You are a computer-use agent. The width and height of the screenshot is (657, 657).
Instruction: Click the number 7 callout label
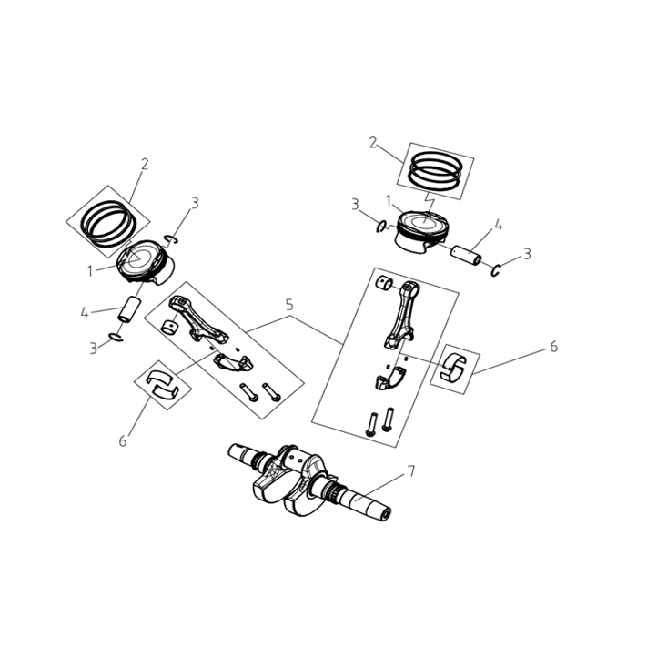click(411, 471)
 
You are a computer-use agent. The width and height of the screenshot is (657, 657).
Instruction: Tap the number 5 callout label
click(289, 305)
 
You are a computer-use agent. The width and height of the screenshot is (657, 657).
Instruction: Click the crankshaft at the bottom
click(309, 480)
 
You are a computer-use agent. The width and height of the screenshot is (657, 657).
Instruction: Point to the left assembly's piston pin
click(128, 309)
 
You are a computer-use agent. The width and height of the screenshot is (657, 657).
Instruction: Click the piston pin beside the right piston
click(466, 255)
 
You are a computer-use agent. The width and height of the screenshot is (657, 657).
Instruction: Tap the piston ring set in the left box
click(108, 223)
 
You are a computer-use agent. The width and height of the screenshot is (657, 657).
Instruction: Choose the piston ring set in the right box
click(436, 171)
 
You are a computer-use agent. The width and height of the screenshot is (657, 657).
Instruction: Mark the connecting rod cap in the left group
click(233, 362)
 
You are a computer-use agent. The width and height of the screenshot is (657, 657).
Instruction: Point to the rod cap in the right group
click(389, 378)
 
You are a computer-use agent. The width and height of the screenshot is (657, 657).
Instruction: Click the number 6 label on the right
click(553, 347)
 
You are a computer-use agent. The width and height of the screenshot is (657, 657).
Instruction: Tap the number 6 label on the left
click(122, 440)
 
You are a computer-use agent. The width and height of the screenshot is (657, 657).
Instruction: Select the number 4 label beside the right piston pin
click(498, 226)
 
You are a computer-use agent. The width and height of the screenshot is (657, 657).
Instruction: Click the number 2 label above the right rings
click(372, 143)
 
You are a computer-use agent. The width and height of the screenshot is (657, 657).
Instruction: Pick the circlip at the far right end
click(495, 270)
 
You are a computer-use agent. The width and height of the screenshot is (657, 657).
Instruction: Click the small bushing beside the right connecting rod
click(385, 283)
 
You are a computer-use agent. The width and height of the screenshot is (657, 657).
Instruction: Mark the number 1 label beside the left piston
click(90, 271)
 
